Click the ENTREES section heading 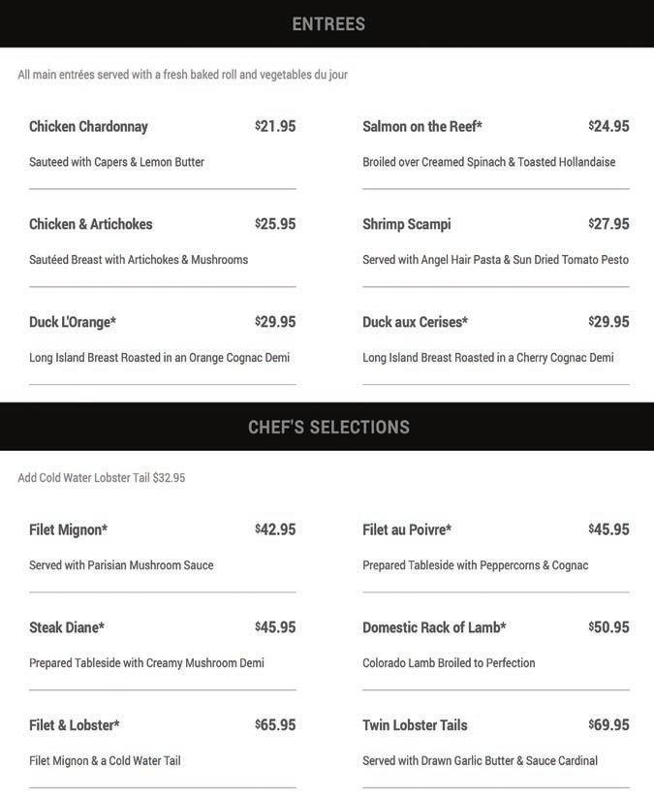tap(328, 24)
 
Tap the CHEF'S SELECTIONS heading tap(328, 428)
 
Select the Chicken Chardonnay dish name tap(88, 127)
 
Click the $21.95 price tap(276, 126)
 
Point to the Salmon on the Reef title tap(422, 127)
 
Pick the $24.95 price tap(609, 126)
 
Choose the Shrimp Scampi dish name tap(407, 224)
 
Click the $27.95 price tap(609, 224)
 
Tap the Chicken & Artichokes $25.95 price tap(276, 224)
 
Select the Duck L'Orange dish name tap(73, 322)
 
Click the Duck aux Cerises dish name tap(415, 322)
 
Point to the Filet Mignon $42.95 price tap(276, 529)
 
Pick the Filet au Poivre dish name tap(407, 530)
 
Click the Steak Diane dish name tap(67, 627)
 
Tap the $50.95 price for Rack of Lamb tap(609, 627)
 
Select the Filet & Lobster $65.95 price tap(276, 725)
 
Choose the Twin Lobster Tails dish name tap(415, 725)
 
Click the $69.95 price tap(609, 725)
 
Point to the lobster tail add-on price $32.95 tap(169, 478)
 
